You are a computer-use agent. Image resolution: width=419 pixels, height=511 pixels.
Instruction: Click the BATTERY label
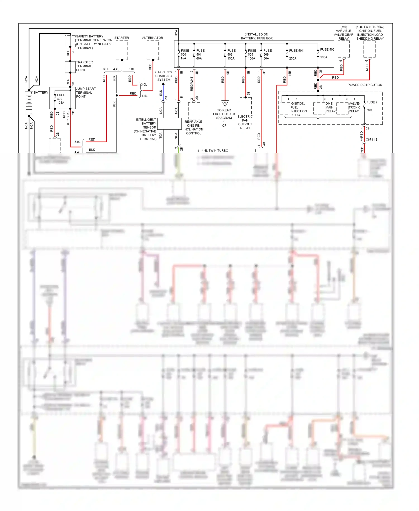click(41, 93)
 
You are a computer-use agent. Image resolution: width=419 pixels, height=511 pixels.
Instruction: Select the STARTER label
click(122, 38)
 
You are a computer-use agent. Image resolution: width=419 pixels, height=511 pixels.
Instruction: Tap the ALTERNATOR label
click(153, 38)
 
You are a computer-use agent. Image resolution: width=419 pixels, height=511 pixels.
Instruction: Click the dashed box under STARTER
click(122, 50)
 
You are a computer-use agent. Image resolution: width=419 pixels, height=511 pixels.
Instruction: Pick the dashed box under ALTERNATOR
click(153, 50)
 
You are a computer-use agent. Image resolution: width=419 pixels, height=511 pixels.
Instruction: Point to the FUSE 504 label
click(296, 51)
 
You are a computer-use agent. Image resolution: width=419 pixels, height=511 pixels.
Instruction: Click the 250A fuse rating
click(293, 58)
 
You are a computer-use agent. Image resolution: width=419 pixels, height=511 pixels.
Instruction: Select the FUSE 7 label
click(372, 102)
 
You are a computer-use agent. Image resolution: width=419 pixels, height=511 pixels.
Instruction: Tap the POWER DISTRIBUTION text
click(365, 85)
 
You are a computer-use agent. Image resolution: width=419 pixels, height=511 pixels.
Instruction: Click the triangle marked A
click(225, 103)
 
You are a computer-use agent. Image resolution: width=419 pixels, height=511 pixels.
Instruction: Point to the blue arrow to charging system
click(163, 84)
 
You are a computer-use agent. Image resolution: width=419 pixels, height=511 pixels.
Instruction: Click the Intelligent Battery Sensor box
click(169, 124)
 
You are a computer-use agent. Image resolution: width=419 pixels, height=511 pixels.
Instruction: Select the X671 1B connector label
click(372, 139)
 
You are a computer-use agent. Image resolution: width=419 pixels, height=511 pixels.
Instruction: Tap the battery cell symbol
click(29, 103)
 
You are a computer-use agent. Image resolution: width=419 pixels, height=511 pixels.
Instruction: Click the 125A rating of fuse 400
click(61, 103)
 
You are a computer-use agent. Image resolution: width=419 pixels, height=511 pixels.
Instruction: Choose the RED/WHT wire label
click(192, 84)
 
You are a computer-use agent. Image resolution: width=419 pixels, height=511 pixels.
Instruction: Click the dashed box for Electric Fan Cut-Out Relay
click(246, 106)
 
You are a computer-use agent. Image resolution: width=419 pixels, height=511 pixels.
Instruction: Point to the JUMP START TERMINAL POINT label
click(86, 93)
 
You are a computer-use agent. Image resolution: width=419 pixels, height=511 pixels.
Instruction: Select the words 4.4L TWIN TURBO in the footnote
click(215, 151)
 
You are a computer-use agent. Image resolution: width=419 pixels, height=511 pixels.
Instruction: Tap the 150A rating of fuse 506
click(231, 58)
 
